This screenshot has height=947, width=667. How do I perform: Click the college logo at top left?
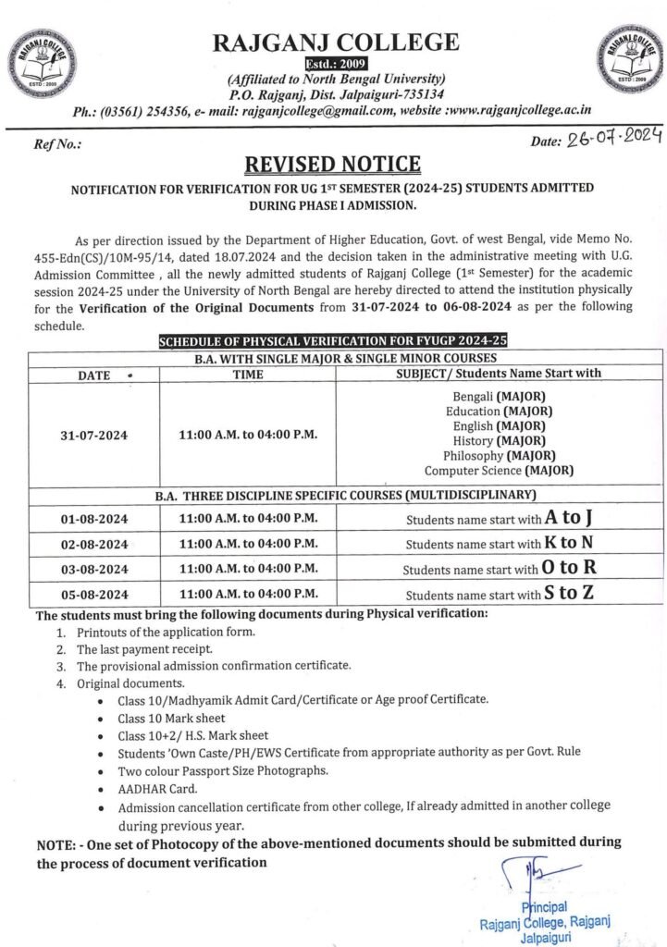[x=40, y=63]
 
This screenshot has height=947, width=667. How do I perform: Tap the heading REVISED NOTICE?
[x=333, y=165]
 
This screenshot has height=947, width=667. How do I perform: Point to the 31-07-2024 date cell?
[x=94, y=433]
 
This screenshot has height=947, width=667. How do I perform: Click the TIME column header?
[x=247, y=375]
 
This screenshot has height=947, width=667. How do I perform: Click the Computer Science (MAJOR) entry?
[x=500, y=470]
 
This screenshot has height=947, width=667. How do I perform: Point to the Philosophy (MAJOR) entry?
[x=500, y=455]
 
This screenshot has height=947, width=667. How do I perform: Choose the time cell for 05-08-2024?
[x=248, y=594]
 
